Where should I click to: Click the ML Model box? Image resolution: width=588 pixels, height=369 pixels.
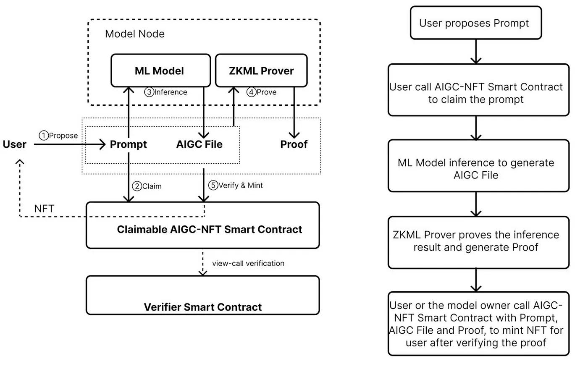(160, 71)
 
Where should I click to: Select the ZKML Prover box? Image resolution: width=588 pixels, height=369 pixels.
(261, 71)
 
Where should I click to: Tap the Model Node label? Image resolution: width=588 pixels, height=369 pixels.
(134, 34)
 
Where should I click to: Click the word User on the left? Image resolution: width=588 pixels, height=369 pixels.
(15, 144)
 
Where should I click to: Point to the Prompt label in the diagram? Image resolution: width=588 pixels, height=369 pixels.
(128, 144)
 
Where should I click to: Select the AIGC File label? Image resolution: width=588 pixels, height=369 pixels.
(199, 144)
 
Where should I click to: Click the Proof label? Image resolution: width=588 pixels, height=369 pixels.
(294, 144)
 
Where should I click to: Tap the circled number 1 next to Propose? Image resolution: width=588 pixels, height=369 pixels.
(44, 136)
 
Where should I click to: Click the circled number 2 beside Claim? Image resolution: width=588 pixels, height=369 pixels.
(137, 186)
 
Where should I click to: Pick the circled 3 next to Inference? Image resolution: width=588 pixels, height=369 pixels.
(149, 92)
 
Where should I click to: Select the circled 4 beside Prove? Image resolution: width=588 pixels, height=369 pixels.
(251, 92)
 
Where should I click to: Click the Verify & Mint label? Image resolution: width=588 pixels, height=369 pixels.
(240, 185)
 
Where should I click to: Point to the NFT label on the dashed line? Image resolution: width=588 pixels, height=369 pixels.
(44, 209)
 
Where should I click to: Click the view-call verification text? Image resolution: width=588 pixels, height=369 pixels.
(248, 263)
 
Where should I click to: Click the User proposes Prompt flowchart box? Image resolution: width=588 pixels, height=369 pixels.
(475, 23)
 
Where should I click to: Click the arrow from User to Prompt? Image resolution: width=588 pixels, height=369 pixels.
(69, 144)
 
